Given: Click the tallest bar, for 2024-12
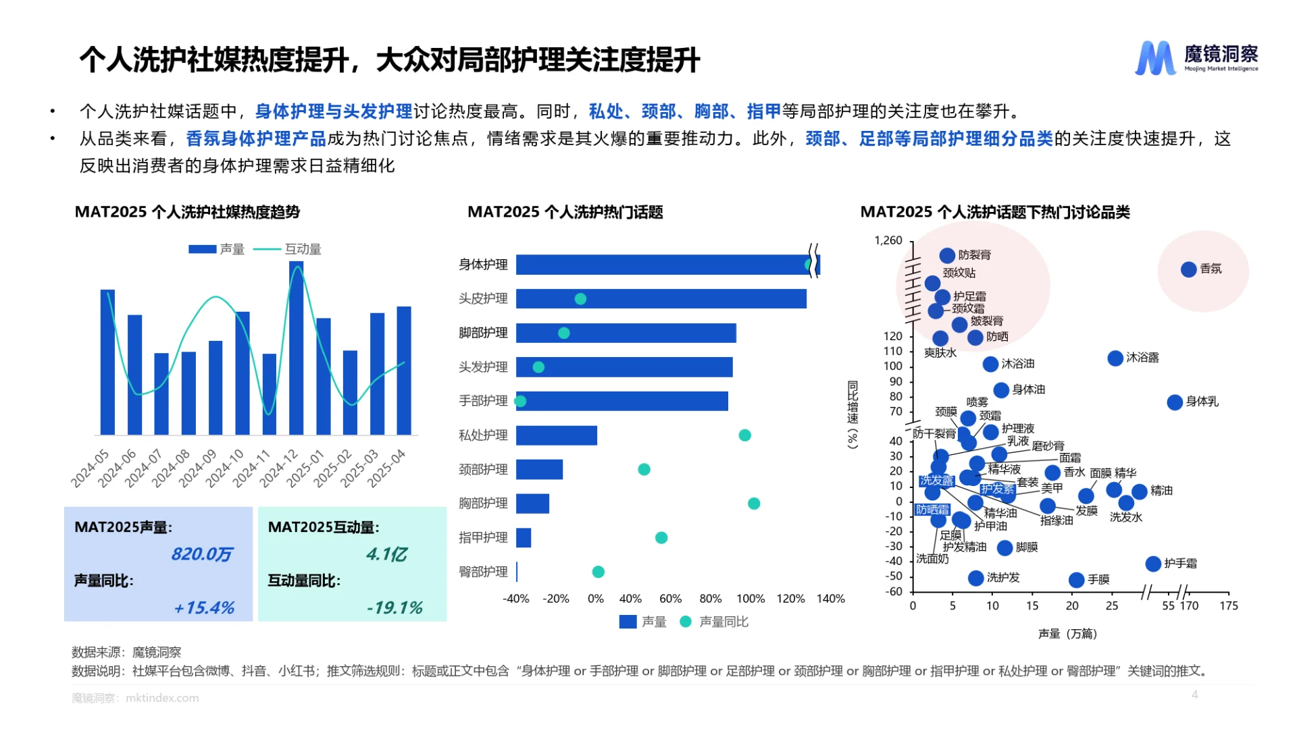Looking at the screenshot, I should click(296, 348).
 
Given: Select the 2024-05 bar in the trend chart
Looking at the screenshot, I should click(107, 362).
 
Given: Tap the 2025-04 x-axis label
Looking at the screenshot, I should click(387, 468).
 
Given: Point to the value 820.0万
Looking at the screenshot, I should click(201, 554).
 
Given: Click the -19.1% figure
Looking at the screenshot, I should click(395, 607).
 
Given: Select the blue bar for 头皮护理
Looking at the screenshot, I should click(661, 298).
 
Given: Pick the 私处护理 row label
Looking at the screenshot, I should click(483, 435).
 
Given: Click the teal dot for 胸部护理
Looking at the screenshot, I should click(754, 504).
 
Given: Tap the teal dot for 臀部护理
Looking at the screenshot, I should click(598, 572).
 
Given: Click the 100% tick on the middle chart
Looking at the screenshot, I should click(751, 599).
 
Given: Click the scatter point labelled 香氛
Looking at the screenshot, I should click(1188, 269).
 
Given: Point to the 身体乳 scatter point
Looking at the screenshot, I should click(1175, 402).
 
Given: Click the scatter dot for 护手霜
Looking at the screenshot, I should click(1153, 564).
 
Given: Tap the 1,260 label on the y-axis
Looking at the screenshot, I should click(888, 240).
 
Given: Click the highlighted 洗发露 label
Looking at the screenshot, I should click(936, 481).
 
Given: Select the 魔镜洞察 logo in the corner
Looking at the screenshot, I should click(1196, 58).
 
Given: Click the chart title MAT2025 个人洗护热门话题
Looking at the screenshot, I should click(565, 212).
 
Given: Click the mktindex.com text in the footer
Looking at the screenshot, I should click(162, 698).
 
